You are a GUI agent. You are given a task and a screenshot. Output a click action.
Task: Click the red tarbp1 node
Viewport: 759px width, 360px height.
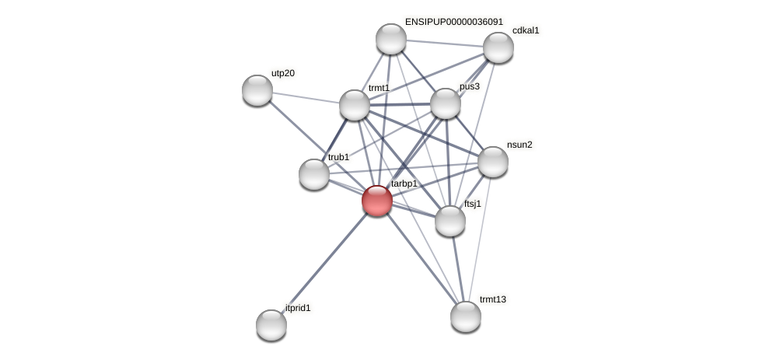point(377,201)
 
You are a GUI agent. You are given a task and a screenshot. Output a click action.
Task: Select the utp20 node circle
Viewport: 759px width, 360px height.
point(257,90)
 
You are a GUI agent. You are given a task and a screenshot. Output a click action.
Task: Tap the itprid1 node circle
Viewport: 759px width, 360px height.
point(271,324)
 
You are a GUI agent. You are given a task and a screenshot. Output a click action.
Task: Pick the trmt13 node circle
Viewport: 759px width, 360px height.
point(466,316)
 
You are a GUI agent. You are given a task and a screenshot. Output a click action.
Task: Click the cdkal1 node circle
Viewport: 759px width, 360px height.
point(498,47)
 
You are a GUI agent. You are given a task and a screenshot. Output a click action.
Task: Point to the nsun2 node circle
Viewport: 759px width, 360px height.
point(493,162)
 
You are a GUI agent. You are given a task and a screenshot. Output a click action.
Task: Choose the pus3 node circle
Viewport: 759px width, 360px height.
point(446,103)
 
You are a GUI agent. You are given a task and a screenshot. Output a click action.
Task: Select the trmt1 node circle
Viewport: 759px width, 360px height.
point(355,105)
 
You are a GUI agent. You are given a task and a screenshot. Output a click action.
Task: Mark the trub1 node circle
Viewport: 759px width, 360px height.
point(314,174)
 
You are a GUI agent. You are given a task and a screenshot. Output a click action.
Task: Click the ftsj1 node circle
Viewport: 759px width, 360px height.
point(450,221)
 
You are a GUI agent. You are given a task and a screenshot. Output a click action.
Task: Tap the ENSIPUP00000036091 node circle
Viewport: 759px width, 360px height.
point(391,39)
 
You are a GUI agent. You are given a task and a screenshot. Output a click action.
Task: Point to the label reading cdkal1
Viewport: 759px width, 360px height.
point(526,30)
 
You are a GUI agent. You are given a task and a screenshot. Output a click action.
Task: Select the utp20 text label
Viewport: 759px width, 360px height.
point(283,73)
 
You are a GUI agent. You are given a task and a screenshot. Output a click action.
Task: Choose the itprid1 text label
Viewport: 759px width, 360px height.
point(298,308)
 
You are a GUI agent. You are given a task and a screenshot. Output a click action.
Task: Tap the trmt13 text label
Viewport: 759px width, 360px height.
point(492,299)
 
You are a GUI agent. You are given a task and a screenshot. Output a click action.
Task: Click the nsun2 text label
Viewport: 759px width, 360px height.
point(519,145)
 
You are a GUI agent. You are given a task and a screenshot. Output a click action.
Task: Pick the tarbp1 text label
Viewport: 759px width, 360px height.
point(404,183)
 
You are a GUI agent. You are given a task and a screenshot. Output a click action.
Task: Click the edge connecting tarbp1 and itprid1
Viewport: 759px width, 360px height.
point(324,262)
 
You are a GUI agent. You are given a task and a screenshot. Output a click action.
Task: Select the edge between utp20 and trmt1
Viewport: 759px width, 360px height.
point(306,97)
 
